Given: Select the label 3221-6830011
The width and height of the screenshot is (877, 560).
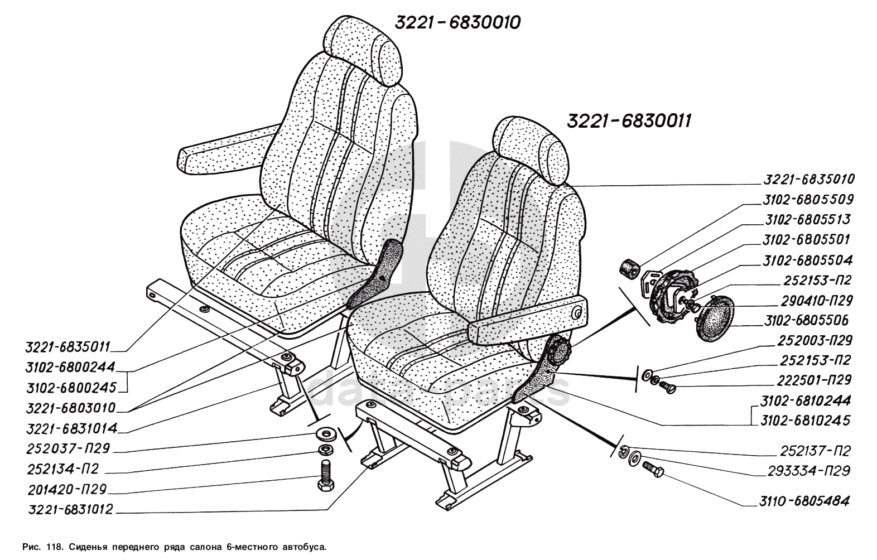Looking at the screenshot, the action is (629, 122).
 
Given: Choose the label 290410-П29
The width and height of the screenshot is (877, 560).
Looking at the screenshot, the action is (808, 301).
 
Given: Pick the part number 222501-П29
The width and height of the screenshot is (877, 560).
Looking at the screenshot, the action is (814, 380).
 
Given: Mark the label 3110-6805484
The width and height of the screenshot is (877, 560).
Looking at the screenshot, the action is (804, 501).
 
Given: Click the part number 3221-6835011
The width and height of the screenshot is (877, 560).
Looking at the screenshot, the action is (66, 347).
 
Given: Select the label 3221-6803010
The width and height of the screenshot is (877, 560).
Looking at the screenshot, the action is (70, 408).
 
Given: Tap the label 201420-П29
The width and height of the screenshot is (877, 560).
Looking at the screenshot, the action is (66, 490).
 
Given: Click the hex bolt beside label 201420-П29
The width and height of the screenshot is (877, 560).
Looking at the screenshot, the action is (325, 475).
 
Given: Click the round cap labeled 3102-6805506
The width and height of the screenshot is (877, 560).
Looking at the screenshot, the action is (715, 318).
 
